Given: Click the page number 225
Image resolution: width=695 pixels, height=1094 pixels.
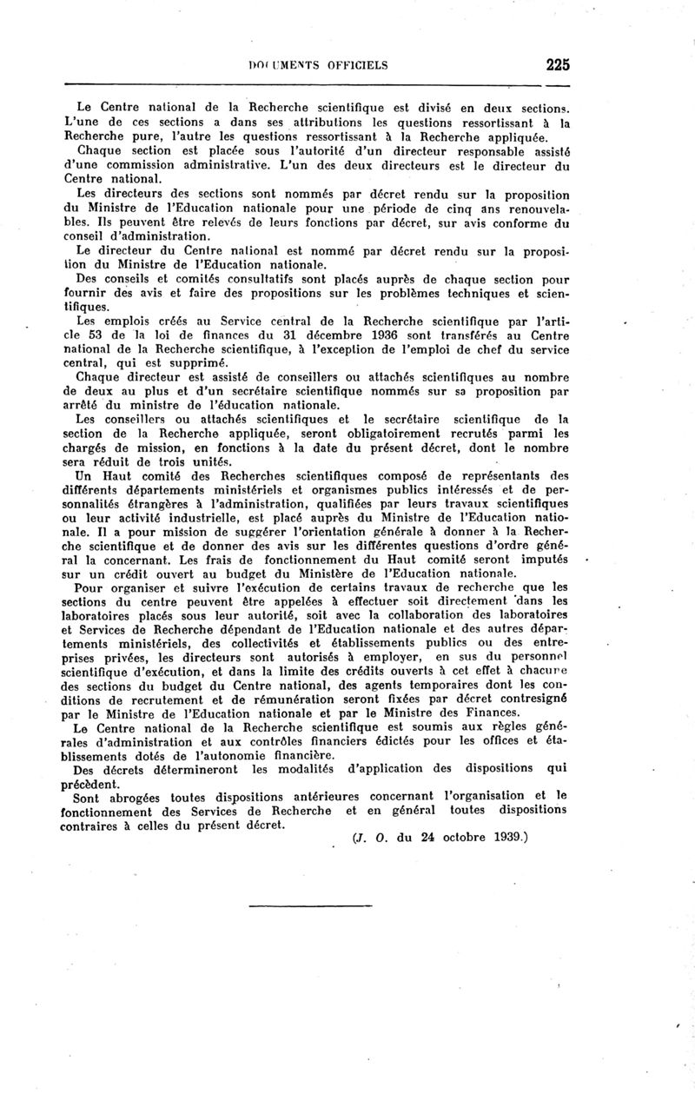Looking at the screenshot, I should point(557,63).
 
